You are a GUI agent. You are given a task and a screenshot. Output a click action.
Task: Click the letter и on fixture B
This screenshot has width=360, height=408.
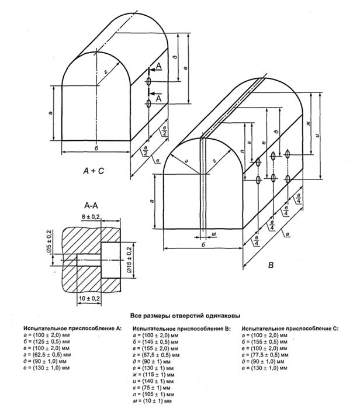click(x=316, y=136)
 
